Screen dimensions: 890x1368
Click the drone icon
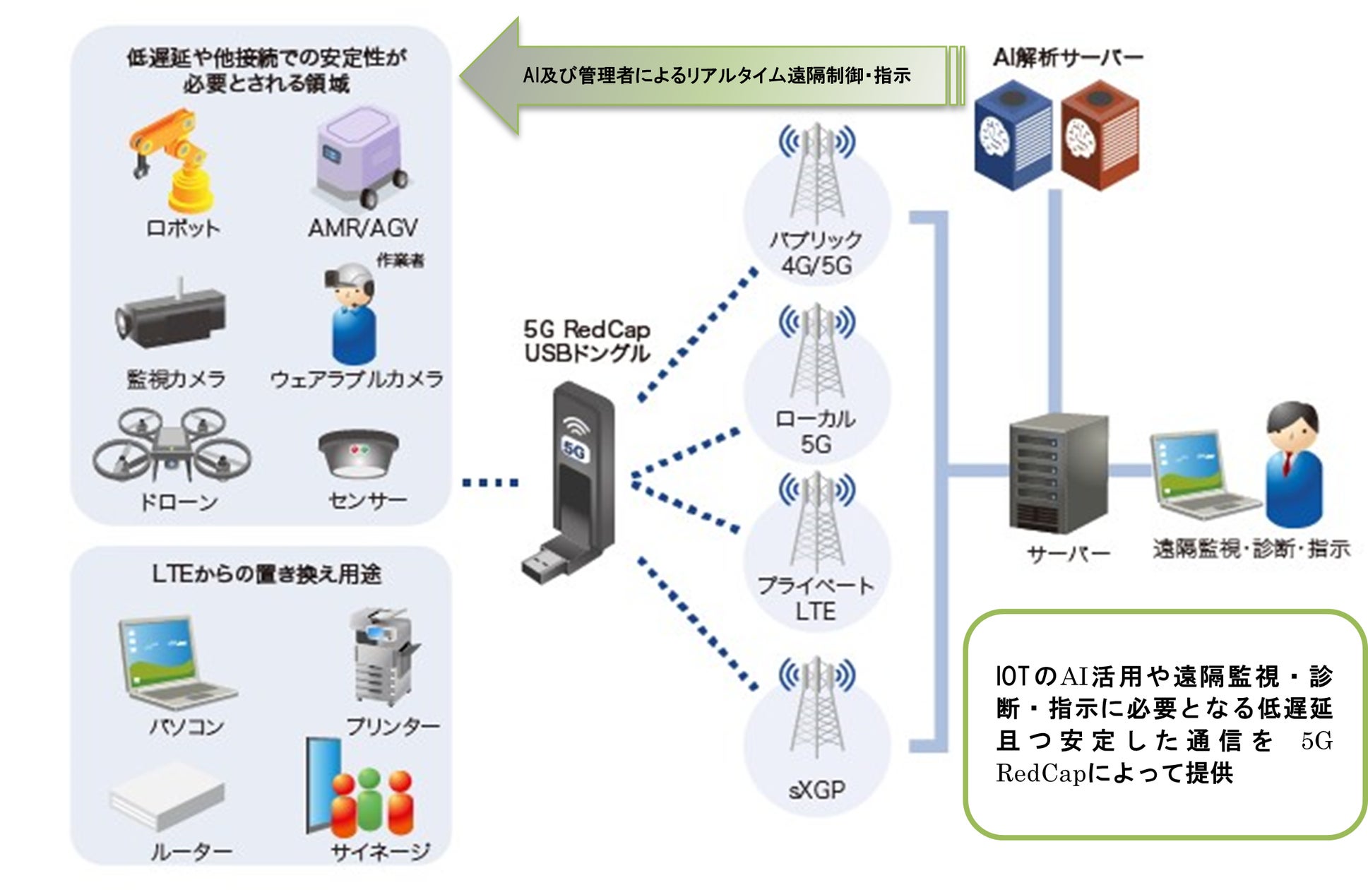172,445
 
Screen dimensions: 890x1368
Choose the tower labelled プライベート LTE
817,523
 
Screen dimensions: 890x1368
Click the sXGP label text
817,789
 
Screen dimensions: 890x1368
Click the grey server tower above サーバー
1057,473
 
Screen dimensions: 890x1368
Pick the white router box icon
167,795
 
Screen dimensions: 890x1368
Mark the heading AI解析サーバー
1067,57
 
